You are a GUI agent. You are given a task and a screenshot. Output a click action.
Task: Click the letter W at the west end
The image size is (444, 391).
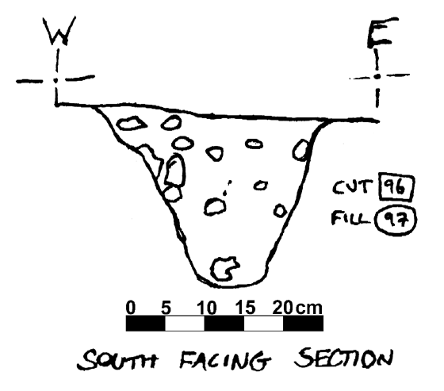59,31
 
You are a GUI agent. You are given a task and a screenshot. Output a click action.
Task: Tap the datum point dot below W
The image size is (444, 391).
56,80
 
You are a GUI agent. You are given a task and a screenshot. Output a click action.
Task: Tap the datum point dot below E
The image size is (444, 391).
377,76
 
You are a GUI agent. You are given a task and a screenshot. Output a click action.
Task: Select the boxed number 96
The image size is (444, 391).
396,187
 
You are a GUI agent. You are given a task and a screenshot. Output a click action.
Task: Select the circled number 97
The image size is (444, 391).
396,220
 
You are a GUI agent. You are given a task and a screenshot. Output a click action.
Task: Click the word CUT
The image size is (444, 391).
352,187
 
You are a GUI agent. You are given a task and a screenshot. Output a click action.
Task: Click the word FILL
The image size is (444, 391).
350,218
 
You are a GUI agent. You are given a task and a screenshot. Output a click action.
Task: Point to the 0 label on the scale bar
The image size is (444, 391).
131,308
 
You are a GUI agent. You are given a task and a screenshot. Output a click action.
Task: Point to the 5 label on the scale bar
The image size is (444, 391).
166,308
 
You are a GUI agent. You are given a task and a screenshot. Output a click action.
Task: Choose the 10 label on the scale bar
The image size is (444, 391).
207,308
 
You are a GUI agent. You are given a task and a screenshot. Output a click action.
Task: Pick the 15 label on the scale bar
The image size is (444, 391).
246,308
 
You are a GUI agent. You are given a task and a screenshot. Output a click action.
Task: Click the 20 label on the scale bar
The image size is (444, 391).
282,308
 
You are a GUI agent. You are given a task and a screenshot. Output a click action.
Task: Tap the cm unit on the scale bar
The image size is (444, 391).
309,309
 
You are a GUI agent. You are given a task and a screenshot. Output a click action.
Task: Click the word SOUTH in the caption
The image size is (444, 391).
117,359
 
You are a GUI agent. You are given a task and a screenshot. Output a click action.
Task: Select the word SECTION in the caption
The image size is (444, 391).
343,358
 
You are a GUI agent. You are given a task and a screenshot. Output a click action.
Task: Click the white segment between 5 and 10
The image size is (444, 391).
185,324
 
